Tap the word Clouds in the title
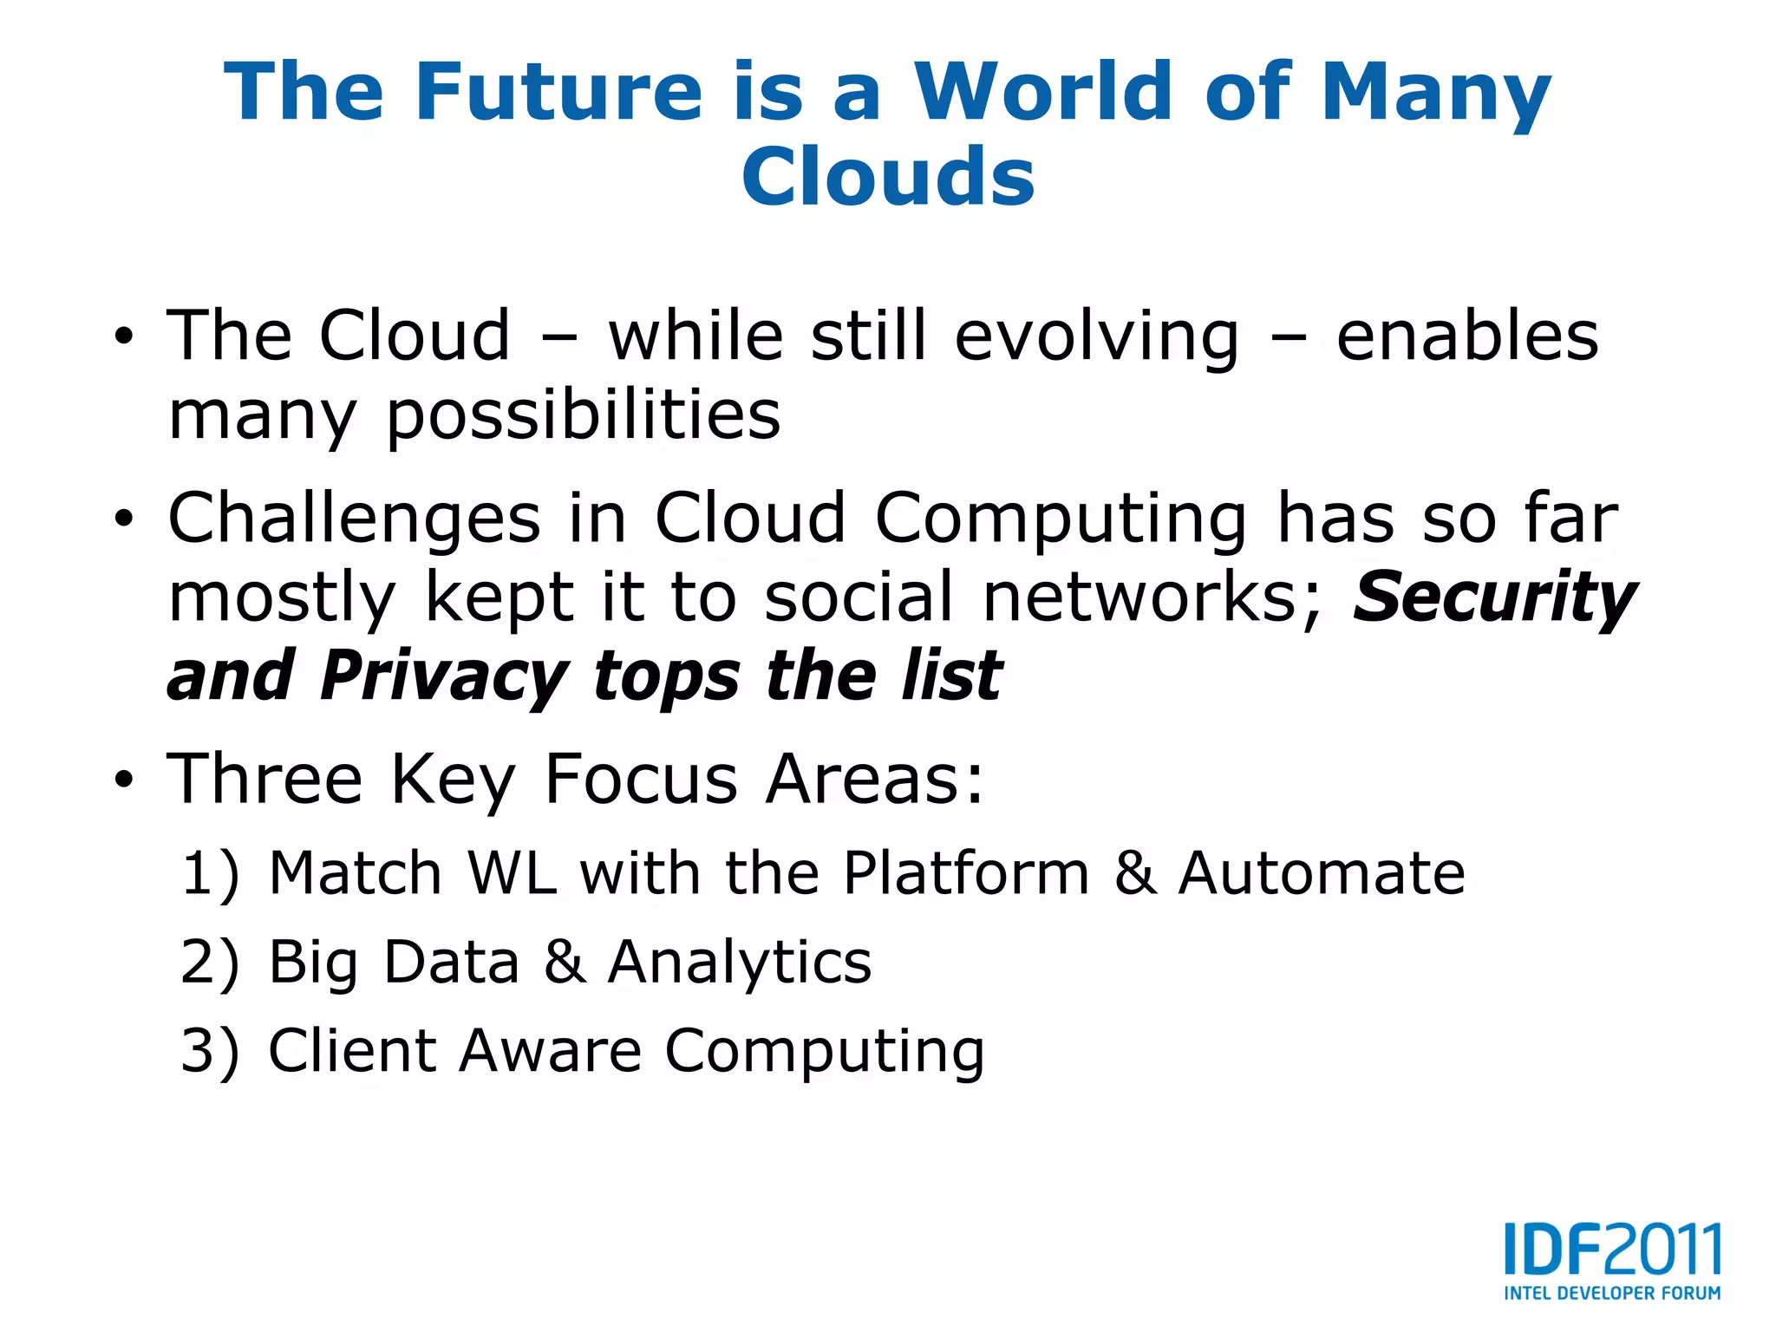pos(888,177)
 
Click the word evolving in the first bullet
pos(1097,336)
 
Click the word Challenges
pos(354,519)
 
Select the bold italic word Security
pos(1494,597)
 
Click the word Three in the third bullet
pos(264,779)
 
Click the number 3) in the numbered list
pos(209,1052)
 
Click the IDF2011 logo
pos(1612,1250)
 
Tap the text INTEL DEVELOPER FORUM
pos(1612,1293)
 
